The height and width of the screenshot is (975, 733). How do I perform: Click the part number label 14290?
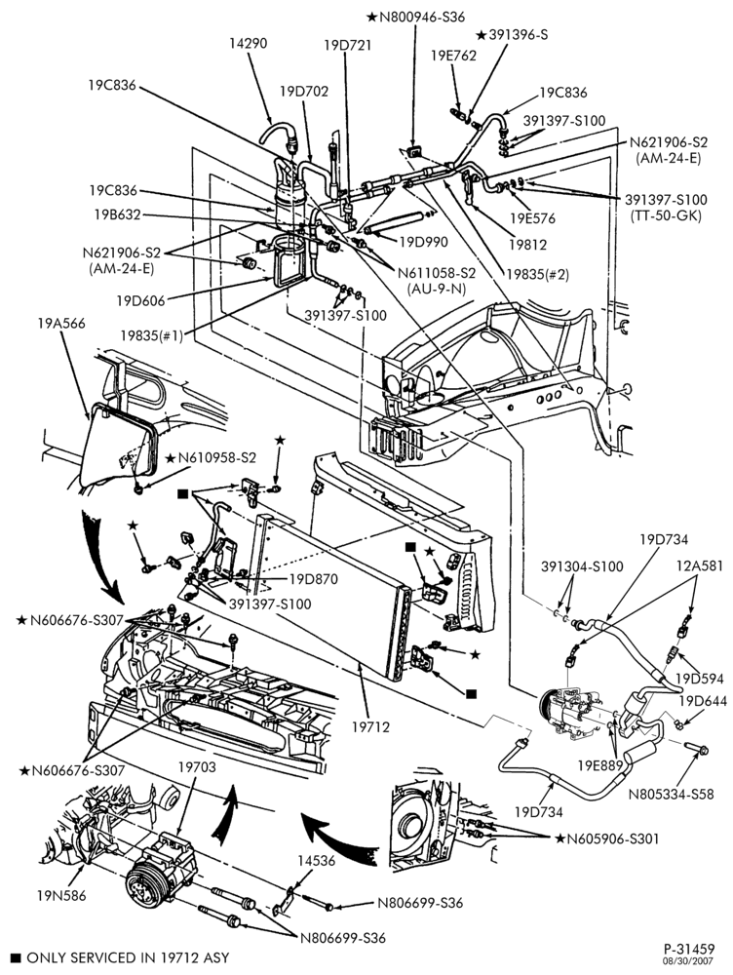pos(248,44)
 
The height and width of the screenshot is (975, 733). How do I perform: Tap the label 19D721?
pos(348,45)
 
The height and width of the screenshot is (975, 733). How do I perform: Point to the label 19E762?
pos(453,56)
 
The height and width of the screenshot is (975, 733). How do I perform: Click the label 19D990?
pos(423,242)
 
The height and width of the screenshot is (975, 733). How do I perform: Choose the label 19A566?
pos(61,324)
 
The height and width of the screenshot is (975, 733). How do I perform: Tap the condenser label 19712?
pos(370,726)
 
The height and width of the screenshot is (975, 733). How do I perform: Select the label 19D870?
pos(313,579)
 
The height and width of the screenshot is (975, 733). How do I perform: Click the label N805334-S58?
pos(671,794)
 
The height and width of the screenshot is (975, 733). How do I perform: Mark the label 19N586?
pos(61,895)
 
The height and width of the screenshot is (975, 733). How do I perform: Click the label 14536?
pos(316,861)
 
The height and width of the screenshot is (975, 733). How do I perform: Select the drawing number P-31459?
pos(689,949)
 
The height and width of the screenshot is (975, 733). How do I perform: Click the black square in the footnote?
pos(17,957)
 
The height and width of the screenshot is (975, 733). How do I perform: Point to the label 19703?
pos(197,767)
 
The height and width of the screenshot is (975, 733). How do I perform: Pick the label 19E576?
pos(532,218)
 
